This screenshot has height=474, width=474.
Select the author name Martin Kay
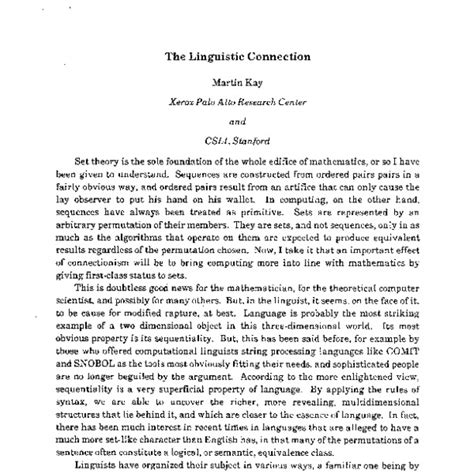236,85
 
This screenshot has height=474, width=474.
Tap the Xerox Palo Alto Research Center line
237,105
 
